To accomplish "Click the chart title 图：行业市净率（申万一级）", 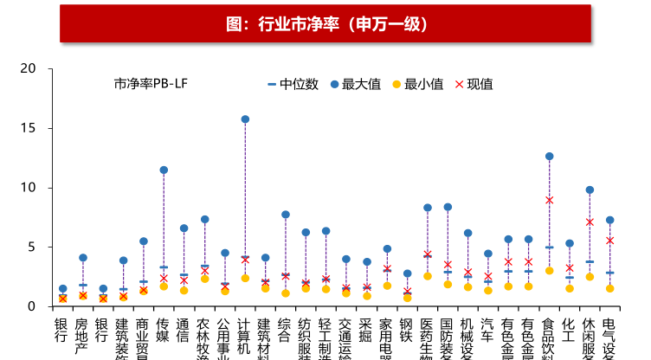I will [x=325, y=23].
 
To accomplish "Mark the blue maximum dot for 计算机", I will [x=245, y=119].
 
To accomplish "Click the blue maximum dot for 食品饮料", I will [x=549, y=157].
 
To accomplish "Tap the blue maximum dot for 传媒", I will [x=164, y=170].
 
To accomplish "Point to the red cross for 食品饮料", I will [x=549, y=200].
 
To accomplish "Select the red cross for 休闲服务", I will [x=590, y=222].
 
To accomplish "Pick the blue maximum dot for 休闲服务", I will [x=590, y=190].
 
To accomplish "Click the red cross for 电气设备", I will [x=609, y=241].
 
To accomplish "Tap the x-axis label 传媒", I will [x=164, y=333].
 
